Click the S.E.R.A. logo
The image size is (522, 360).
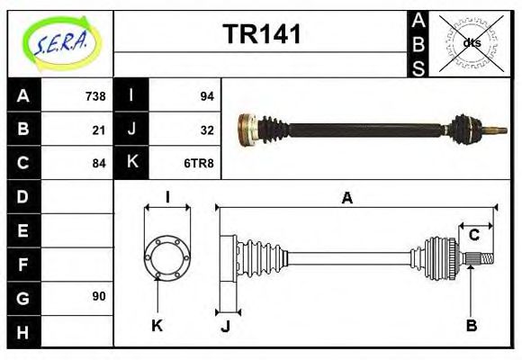click(61, 43)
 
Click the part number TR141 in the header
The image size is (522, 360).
click(261, 35)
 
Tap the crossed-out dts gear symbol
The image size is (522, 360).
click(472, 43)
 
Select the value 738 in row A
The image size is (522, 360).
click(94, 96)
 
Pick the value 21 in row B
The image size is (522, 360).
click(99, 130)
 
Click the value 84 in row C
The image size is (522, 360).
click(99, 163)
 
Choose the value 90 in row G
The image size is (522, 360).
click(99, 296)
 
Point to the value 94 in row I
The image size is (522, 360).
click(205, 96)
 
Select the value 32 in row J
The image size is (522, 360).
click(205, 130)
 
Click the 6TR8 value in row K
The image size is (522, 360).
click(199, 163)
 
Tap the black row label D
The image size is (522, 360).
click(23, 196)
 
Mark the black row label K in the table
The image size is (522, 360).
click(132, 163)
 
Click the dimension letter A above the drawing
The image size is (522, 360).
click(347, 199)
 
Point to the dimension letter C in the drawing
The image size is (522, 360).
click(473, 236)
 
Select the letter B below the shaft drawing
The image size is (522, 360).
click(471, 325)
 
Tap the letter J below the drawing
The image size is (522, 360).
click(226, 327)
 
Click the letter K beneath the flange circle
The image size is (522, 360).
click(157, 325)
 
